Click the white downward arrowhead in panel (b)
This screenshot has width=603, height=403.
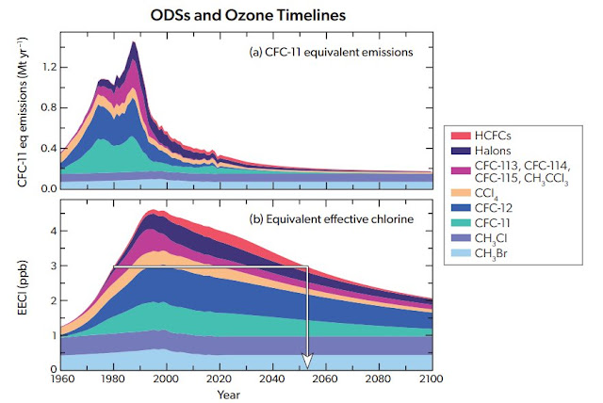tap(305, 362)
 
